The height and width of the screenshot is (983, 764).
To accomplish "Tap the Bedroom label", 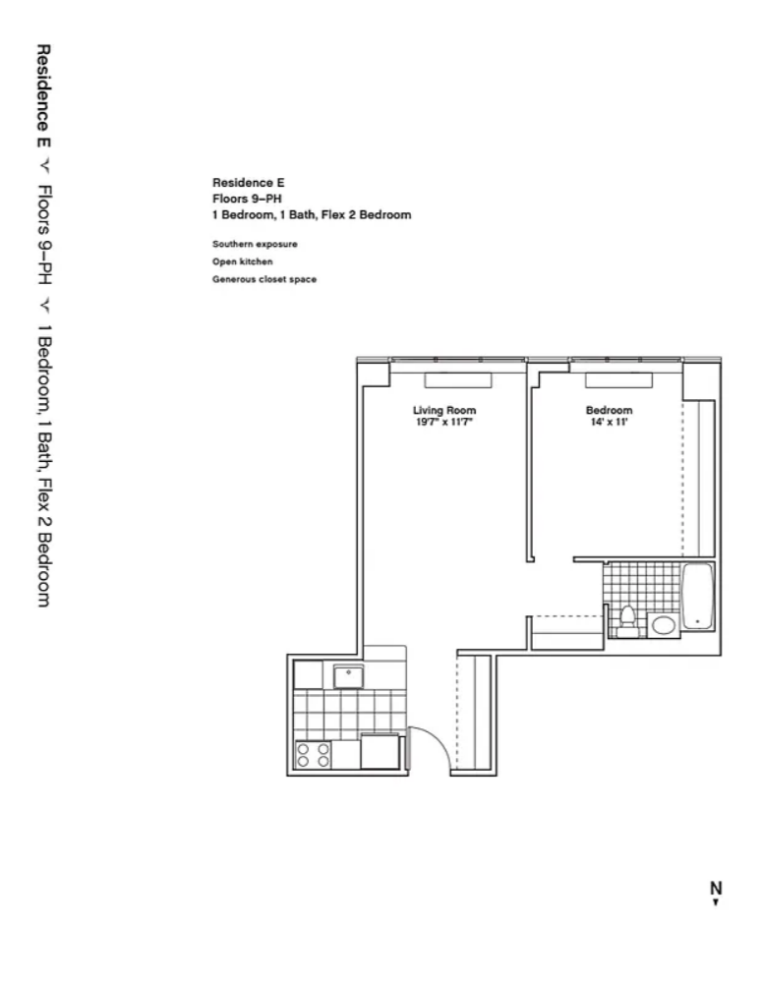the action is pyautogui.click(x=609, y=411).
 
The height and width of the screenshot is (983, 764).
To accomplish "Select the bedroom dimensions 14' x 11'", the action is pyautogui.click(x=609, y=423).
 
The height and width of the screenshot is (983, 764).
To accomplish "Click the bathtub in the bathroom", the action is pyautogui.click(x=697, y=597).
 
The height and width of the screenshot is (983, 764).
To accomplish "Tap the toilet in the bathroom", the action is pyautogui.click(x=626, y=618).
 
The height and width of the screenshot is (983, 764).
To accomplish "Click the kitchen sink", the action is pyautogui.click(x=348, y=676).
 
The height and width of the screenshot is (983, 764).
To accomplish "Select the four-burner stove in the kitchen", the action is pyautogui.click(x=313, y=753).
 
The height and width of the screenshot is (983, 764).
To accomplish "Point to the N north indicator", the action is pyautogui.click(x=716, y=889).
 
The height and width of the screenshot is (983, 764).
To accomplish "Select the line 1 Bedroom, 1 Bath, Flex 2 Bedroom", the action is pyautogui.click(x=311, y=214).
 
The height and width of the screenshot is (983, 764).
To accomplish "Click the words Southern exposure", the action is pyautogui.click(x=255, y=244).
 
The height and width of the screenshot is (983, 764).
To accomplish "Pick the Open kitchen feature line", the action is pyautogui.click(x=242, y=261).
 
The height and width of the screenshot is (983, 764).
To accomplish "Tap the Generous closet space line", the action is pyautogui.click(x=264, y=279).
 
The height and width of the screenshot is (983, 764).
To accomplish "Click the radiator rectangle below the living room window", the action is pyautogui.click(x=457, y=379).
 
